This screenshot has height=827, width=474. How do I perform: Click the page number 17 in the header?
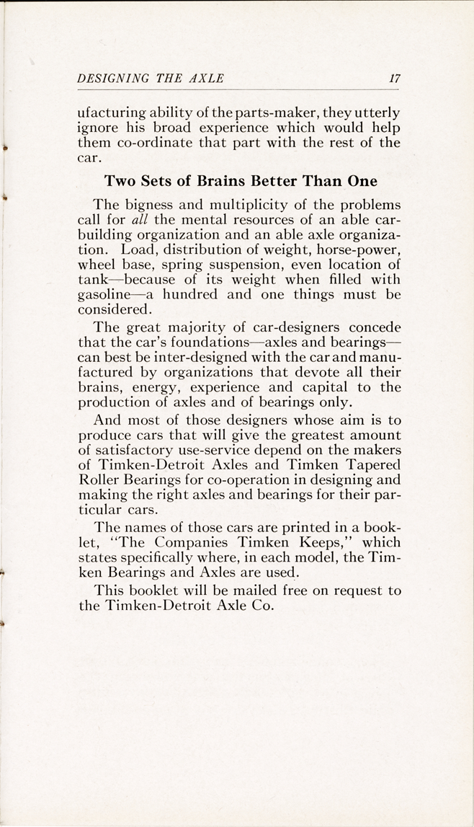coord(394,79)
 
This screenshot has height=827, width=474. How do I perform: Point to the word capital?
coord(336,386)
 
